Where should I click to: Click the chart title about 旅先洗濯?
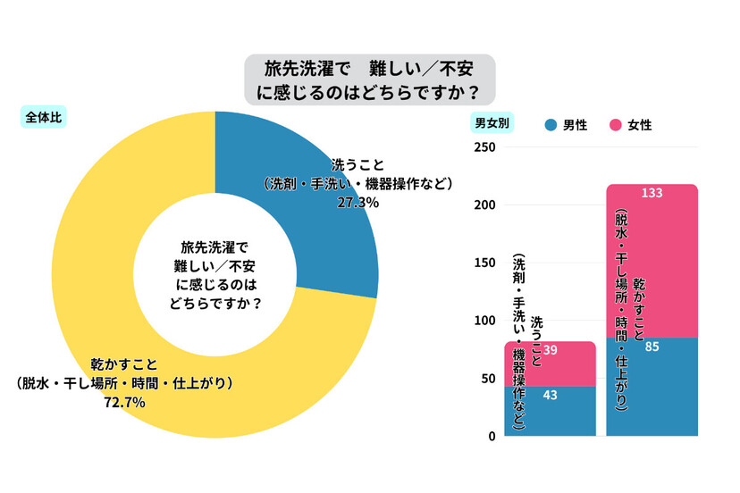pos(370,79)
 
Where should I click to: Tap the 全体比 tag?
pos(44,117)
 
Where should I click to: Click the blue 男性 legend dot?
pos(551,125)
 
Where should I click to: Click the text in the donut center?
pos(215,272)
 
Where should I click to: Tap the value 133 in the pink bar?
pos(652,193)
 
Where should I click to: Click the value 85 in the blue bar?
pos(652,347)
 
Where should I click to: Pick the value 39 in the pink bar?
pos(551,351)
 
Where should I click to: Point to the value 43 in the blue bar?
pos(551,396)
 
